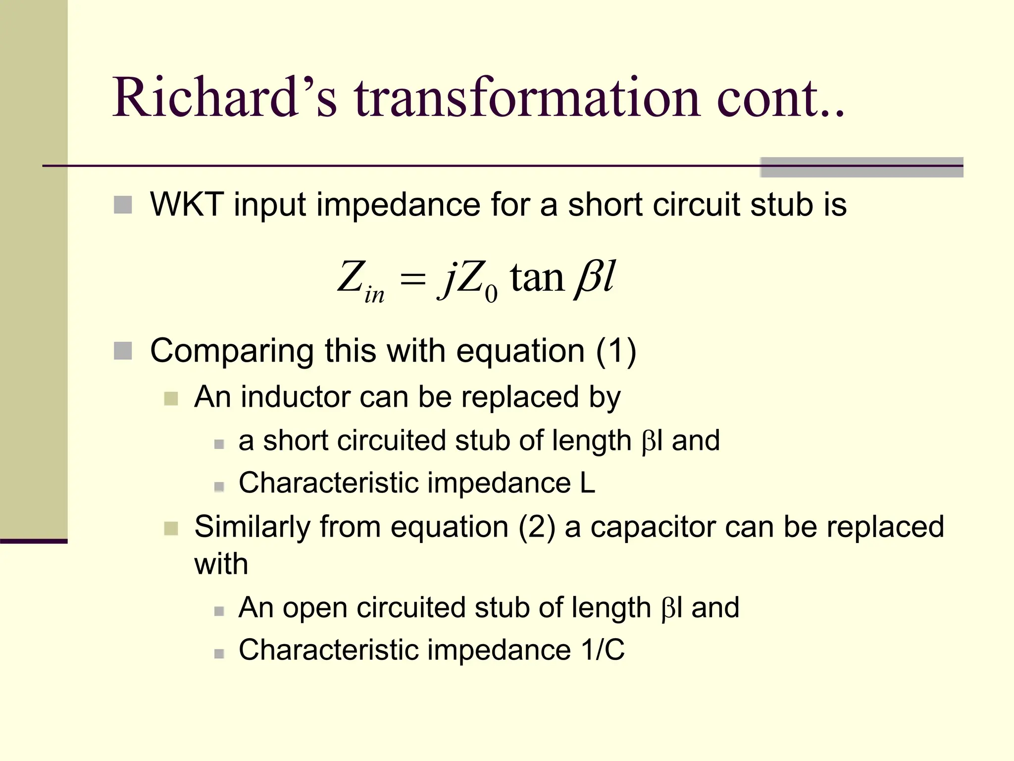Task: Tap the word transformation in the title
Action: [527, 97]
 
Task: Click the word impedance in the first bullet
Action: [398, 205]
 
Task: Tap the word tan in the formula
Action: [537, 277]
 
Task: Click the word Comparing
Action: [232, 352]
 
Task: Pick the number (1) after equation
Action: [616, 351]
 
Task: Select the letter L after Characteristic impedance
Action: [587, 483]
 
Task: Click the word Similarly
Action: [252, 527]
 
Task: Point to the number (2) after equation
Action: [537, 527]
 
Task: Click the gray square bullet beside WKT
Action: [123, 205]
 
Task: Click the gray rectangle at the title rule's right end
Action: [861, 167]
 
